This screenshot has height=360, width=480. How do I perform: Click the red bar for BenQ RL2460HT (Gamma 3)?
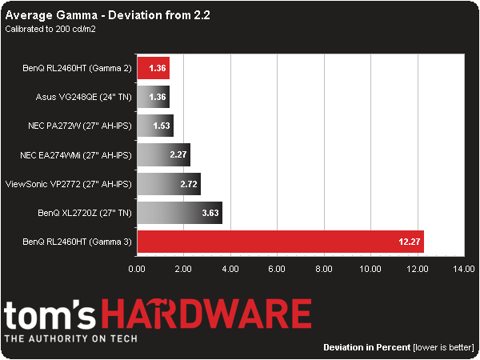[x=280, y=242]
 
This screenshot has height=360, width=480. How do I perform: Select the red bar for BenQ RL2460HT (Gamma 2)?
[x=153, y=68]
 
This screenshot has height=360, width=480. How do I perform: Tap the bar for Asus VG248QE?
[x=153, y=97]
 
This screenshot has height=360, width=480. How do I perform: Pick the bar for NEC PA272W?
[x=155, y=126]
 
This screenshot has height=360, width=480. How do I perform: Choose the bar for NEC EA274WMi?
[x=163, y=154]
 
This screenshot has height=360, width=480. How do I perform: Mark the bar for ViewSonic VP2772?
[x=169, y=184]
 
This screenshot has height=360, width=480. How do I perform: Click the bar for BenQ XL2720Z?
[x=179, y=213]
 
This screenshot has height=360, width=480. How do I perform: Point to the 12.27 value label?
[x=410, y=242]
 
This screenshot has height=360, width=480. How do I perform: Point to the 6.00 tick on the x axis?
[x=277, y=269]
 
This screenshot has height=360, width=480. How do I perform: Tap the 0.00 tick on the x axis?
[x=137, y=269]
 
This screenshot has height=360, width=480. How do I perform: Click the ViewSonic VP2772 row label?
[x=68, y=184]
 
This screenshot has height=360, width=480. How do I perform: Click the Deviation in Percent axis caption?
[x=367, y=348]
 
